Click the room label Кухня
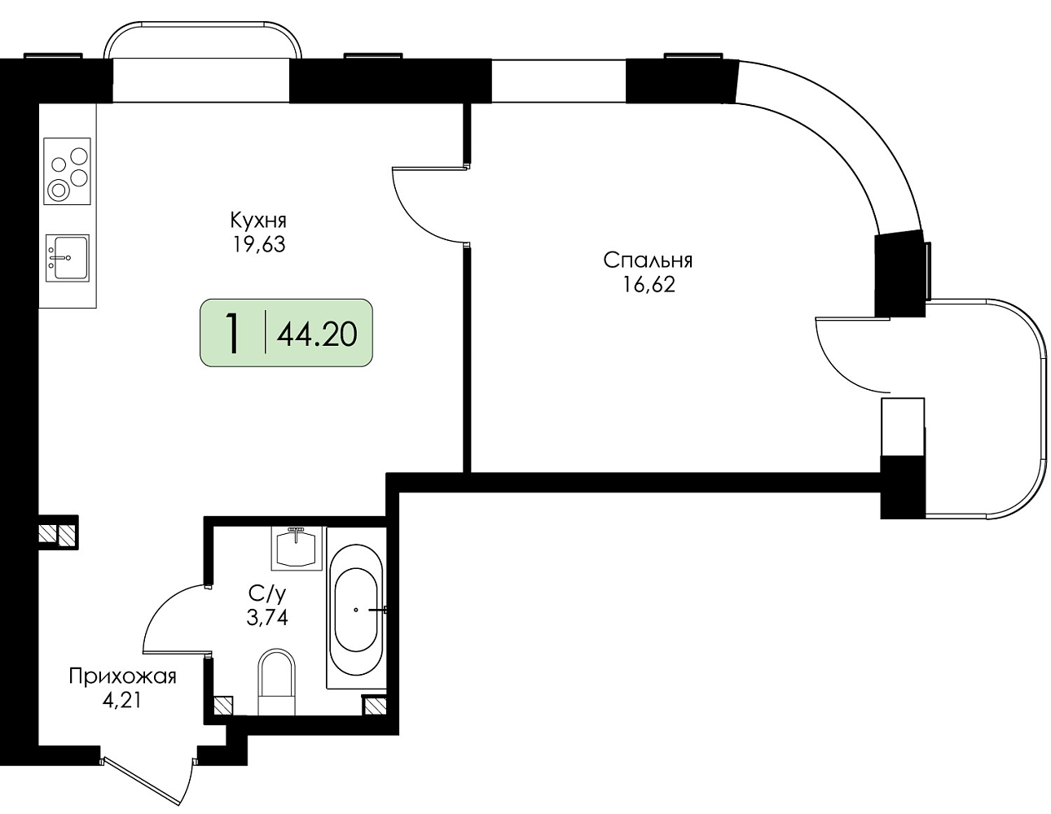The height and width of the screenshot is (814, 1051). [x=258, y=221]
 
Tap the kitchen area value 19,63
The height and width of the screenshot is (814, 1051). [x=259, y=245]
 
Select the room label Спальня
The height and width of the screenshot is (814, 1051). [x=648, y=260]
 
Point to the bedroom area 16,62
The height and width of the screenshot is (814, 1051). [x=649, y=285]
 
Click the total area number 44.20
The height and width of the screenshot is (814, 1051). [x=317, y=335]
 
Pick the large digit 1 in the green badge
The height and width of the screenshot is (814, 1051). [x=233, y=333]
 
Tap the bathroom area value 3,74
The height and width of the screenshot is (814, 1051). [x=267, y=617]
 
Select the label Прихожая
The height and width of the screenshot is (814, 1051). [x=122, y=676]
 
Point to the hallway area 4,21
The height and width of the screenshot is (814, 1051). [x=121, y=700]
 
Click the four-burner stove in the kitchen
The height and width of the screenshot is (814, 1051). [x=68, y=171]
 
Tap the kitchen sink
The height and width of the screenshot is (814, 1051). [x=68, y=258]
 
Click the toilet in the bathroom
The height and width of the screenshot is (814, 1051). [x=277, y=682]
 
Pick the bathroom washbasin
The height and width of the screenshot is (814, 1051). [x=296, y=549]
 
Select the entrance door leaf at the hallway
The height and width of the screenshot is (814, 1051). [x=140, y=782]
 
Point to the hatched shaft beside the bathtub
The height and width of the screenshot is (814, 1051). [x=375, y=707]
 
